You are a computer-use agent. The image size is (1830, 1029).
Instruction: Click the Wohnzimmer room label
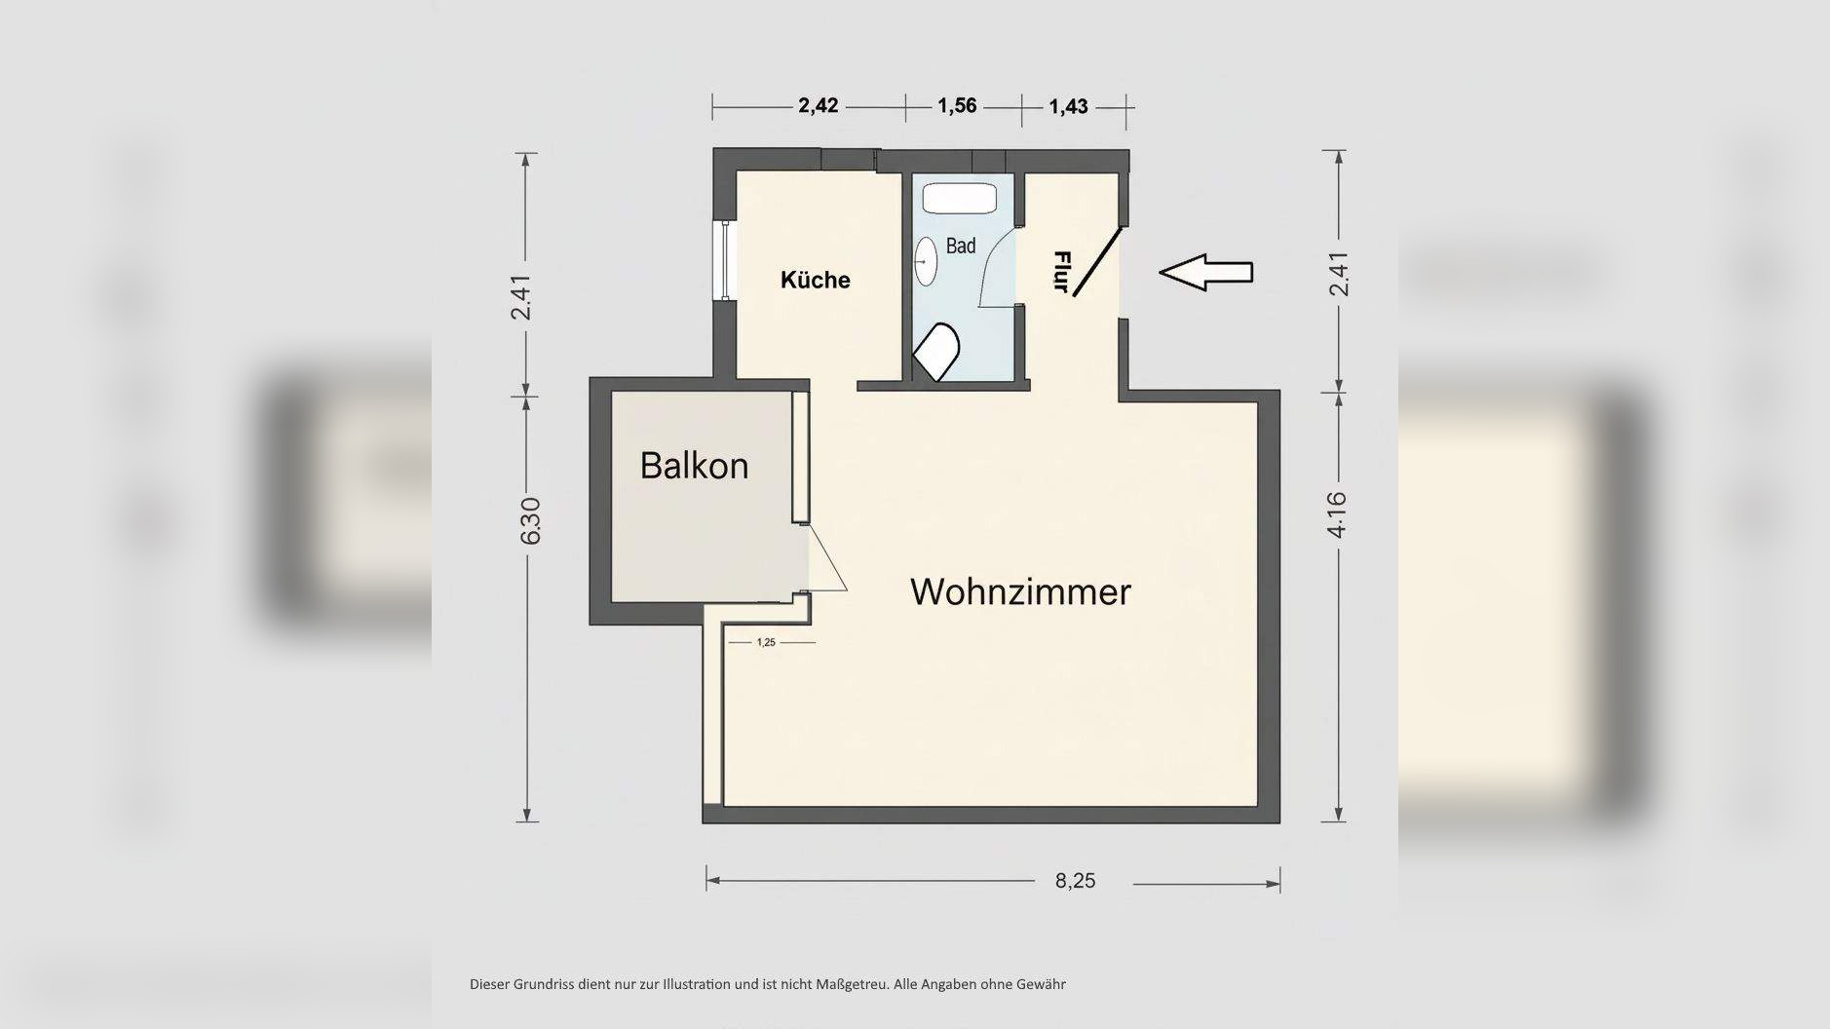[1020, 591]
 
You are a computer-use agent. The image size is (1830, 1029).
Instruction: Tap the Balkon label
[694, 466]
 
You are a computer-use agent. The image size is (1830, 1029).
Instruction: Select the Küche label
[815, 281]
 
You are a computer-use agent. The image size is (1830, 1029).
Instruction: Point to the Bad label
[960, 246]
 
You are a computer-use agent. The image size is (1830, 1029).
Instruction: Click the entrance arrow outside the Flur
[1205, 272]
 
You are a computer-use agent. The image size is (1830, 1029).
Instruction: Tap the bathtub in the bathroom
[959, 200]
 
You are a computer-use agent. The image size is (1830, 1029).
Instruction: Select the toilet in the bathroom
[936, 352]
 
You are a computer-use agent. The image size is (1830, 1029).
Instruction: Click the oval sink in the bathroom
[926, 262]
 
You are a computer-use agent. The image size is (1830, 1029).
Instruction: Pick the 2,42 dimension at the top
[818, 105]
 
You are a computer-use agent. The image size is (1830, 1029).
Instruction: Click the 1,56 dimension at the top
[957, 105]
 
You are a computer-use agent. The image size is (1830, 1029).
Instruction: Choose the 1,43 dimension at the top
[1068, 106]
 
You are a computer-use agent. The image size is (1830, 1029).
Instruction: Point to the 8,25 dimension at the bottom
[1075, 881]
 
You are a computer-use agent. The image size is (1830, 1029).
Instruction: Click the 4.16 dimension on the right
[1337, 514]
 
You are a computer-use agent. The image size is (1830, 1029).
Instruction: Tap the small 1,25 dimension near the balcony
[766, 642]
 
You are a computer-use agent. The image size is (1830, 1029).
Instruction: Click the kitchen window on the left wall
[725, 260]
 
